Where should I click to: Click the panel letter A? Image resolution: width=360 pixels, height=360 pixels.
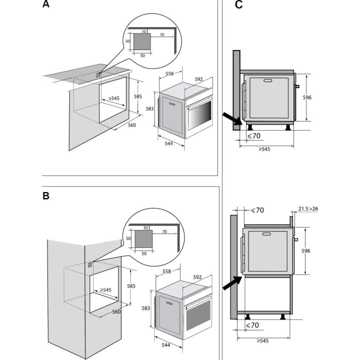pos(46,4)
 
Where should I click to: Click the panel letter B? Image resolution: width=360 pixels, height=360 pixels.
pos(46,196)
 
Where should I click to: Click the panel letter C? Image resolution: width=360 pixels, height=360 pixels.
pos(239,4)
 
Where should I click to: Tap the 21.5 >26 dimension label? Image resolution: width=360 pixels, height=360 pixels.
pos(308,208)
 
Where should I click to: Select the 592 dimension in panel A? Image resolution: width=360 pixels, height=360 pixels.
pos(198,79)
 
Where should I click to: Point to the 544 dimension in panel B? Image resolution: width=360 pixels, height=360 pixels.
pos(166,345)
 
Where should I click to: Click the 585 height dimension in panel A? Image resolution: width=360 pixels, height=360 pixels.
pos(138,96)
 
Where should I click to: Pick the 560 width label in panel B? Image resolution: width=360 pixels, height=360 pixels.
pos(116,311)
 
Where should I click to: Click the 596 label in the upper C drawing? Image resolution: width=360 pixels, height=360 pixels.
pos(307,97)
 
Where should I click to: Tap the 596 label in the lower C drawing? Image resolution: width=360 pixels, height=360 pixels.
pos(306,251)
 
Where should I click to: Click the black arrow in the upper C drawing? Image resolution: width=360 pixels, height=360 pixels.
pos(232,118)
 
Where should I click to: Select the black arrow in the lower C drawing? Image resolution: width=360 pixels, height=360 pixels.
pos(232,283)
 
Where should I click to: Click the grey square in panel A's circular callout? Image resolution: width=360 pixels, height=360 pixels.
pos(142,41)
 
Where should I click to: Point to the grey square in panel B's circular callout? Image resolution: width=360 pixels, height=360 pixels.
pos(143,239)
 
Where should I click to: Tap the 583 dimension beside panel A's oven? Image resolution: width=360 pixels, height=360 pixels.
pos(149,108)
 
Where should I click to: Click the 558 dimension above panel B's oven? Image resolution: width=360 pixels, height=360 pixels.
pos(166,271)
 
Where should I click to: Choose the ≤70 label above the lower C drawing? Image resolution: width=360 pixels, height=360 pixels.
pos(257,210)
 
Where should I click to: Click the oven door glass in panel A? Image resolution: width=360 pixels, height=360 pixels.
pos(199,115)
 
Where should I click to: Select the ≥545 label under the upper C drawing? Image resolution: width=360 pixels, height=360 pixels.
pos(264,149)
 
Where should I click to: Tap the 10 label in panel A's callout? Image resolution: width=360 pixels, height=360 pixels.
pos(144,31)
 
